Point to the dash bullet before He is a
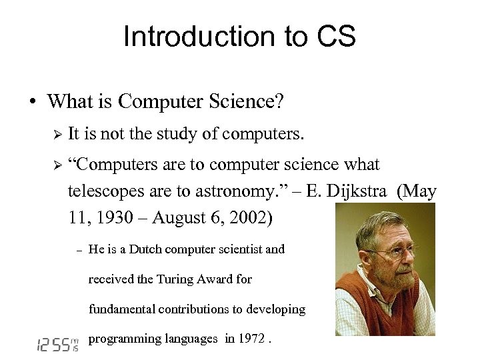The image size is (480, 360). tap(78, 250)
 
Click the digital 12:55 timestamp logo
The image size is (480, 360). tap(55, 343)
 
